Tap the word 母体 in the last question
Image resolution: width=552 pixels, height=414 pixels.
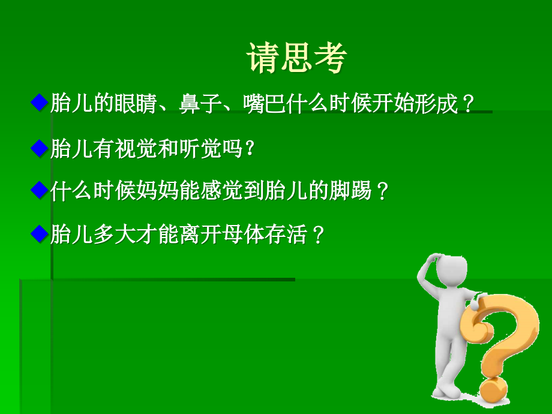point(244,235)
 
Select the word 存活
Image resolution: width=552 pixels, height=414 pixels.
point(287,235)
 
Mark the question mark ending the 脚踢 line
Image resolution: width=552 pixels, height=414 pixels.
point(384,193)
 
